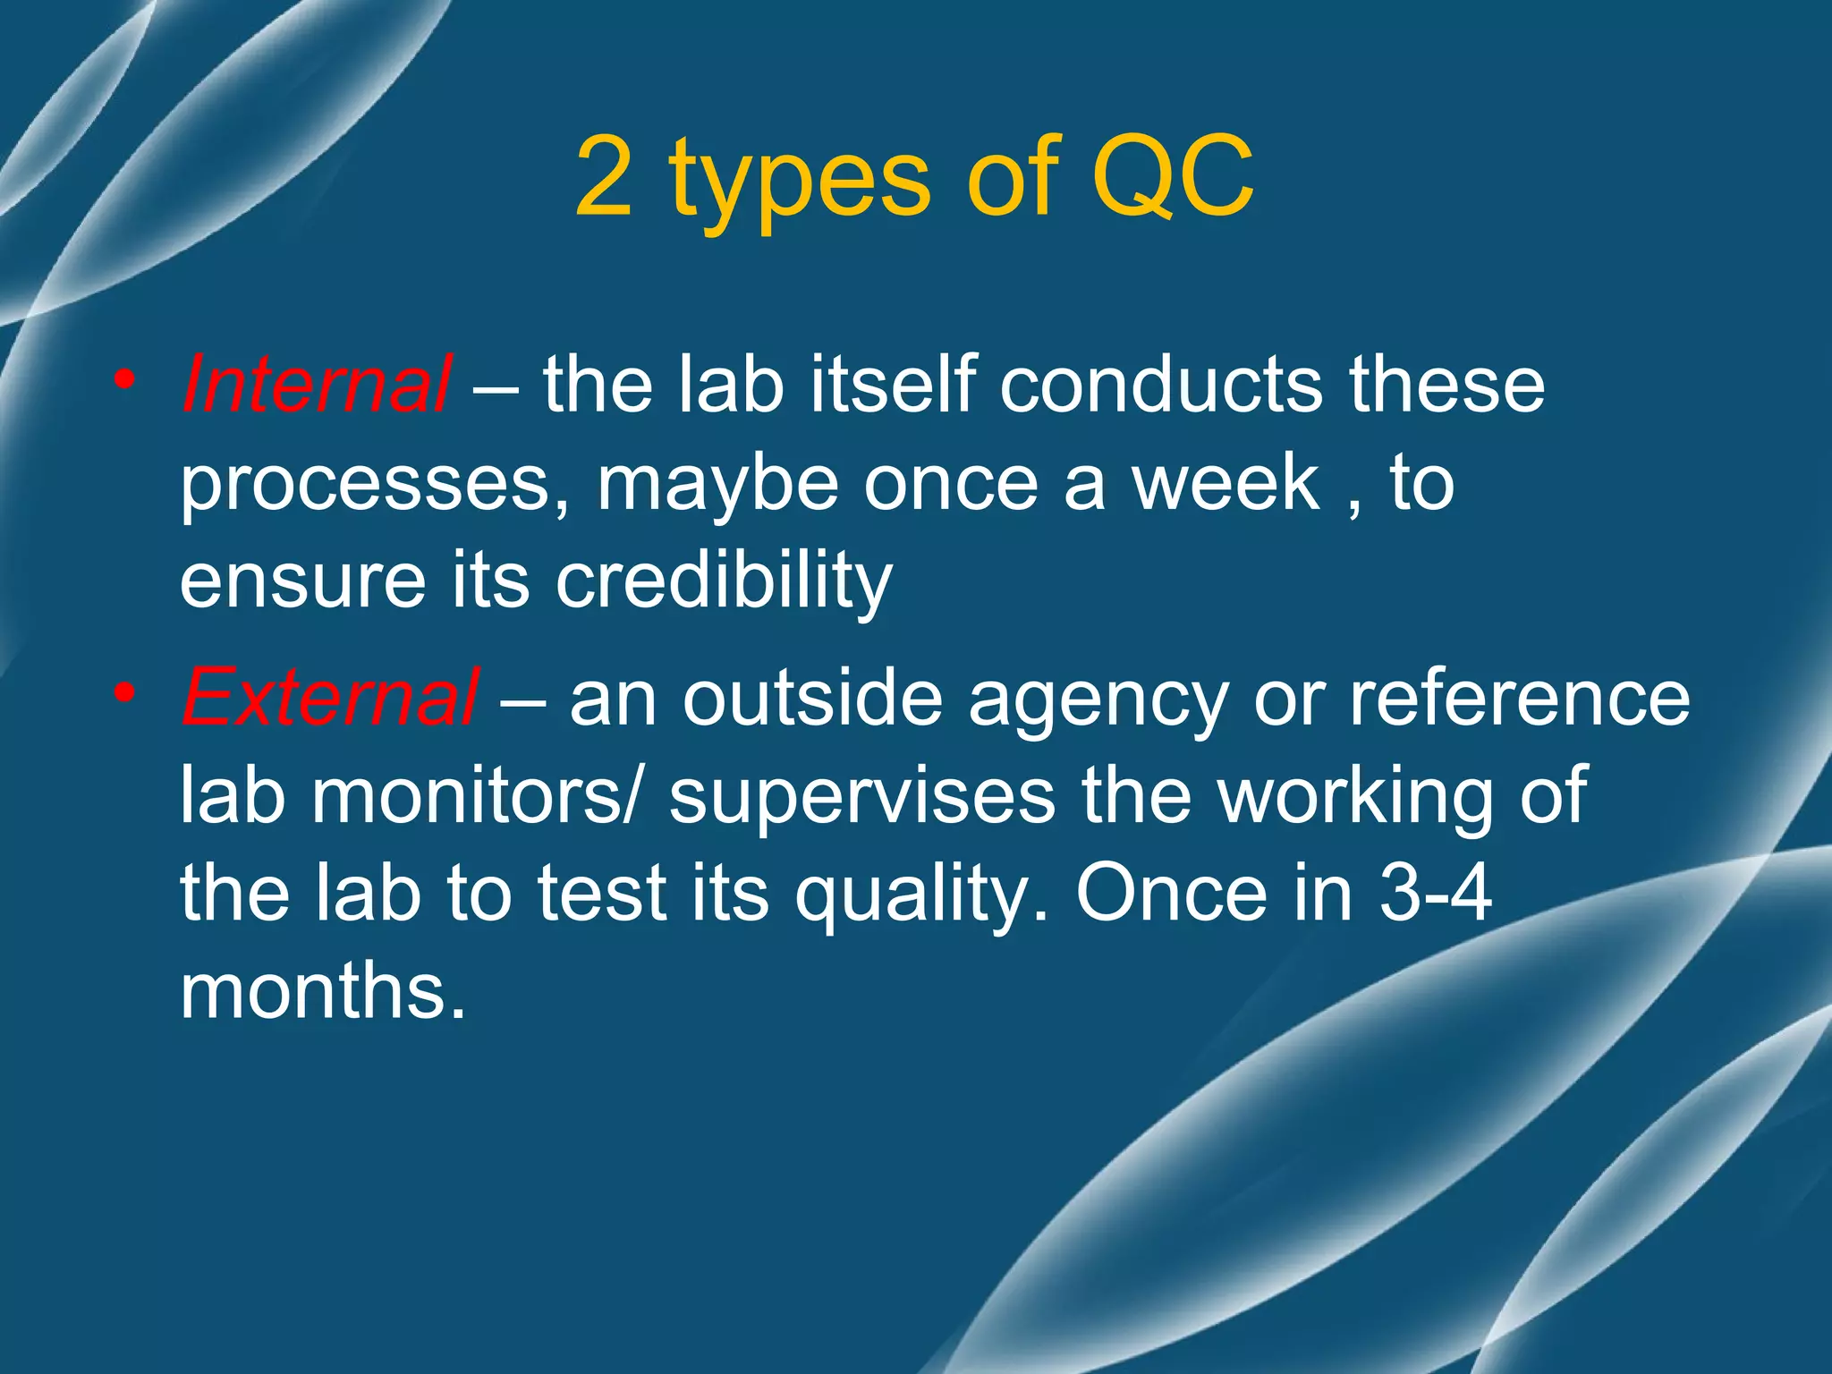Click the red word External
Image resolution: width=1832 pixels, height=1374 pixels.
pos(330,697)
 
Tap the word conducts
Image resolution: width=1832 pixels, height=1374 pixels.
pos(1160,385)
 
